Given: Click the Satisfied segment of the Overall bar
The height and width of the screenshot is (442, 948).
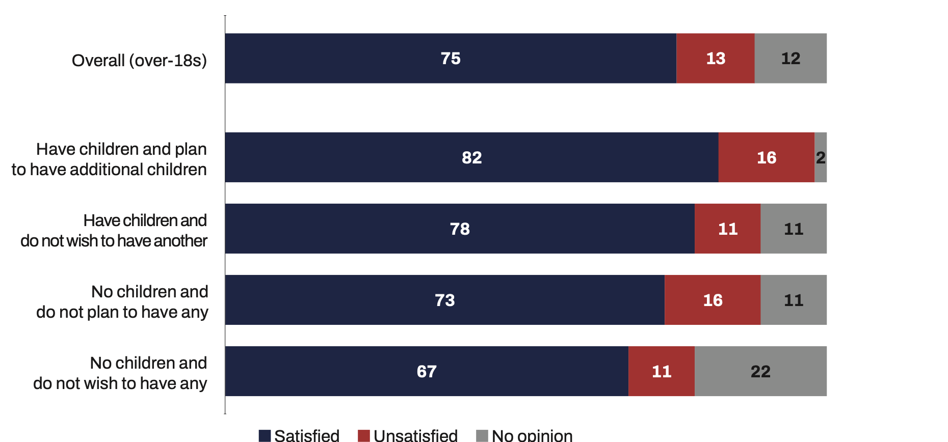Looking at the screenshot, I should tap(451, 59).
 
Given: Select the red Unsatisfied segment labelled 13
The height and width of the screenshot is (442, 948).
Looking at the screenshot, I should tap(715, 59).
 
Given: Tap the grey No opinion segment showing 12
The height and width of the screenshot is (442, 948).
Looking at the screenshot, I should tap(791, 59).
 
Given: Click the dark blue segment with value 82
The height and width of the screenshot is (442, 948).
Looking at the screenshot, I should tap(471, 157).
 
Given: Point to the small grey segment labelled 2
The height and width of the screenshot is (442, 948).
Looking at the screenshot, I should tap(821, 157).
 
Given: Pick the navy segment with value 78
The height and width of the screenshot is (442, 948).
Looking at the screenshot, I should tap(459, 229).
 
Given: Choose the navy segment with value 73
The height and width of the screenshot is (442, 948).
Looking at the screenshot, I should tap(444, 300).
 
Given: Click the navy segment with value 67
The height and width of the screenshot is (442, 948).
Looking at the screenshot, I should tap(427, 371).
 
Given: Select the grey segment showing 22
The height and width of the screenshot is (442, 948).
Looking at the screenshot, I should tap(760, 371).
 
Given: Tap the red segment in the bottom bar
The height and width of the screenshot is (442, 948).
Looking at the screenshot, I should tap(662, 371).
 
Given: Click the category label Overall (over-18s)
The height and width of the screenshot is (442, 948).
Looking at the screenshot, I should tap(139, 61).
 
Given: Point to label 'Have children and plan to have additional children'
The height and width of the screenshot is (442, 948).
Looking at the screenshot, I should tap(110, 159).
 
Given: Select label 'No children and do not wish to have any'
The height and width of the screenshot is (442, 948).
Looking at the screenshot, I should tap(120, 373).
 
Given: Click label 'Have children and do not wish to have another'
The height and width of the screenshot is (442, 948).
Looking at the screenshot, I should tap(114, 231).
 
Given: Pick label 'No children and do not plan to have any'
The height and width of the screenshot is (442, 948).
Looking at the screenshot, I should tap(122, 302).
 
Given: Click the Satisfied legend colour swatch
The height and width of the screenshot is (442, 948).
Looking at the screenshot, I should tap(265, 436).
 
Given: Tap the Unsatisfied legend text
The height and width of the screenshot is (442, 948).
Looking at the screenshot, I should tap(415, 436).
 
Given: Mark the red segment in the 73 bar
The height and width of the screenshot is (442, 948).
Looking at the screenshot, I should tap(713, 300).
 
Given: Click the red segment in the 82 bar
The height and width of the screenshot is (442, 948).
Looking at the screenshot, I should tap(766, 157).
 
